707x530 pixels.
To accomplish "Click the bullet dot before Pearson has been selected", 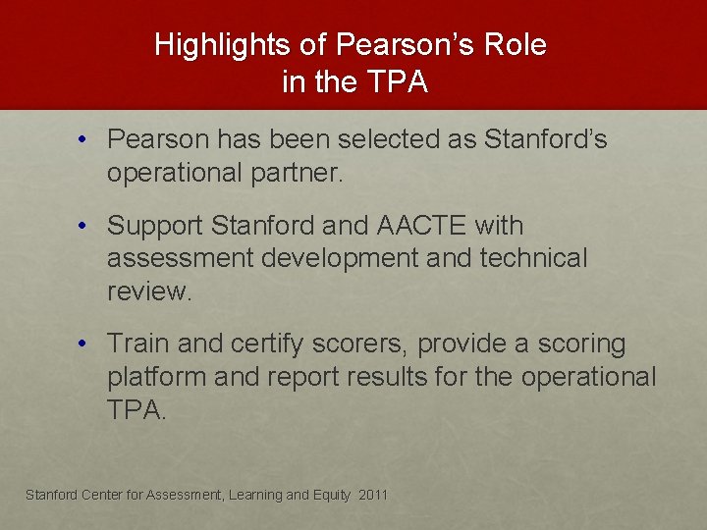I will pyautogui.click(x=86, y=140).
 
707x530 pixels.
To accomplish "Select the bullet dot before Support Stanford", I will pyautogui.click(x=86, y=226).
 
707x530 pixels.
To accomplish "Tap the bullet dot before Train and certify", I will pyautogui.click(x=86, y=344).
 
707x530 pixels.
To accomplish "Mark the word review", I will pyautogui.click(x=148, y=292).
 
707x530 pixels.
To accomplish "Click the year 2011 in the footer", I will pyautogui.click(x=373, y=495).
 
